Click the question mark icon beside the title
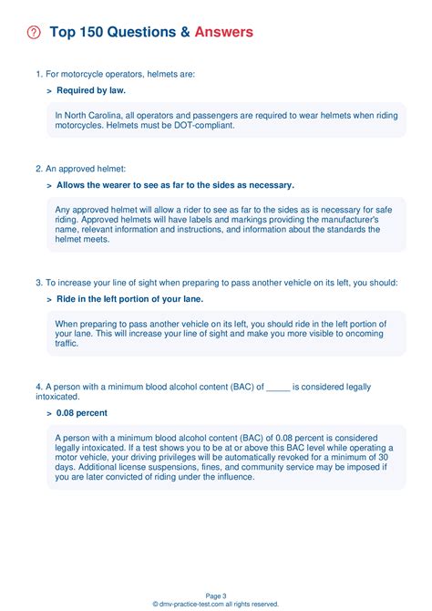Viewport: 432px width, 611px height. pyautogui.click(x=35, y=33)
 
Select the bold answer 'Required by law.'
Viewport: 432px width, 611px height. pyautogui.click(x=91, y=90)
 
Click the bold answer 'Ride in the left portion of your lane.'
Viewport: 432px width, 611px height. pyautogui.click(x=129, y=299)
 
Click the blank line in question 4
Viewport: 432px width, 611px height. pyautogui.click(x=278, y=387)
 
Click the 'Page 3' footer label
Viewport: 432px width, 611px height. pyautogui.click(x=216, y=595)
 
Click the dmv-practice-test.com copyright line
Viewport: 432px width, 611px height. pyautogui.click(x=216, y=604)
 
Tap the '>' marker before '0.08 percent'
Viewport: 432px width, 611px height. pyautogui.click(x=48, y=413)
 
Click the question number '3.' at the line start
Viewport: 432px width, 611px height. pyautogui.click(x=39, y=283)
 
